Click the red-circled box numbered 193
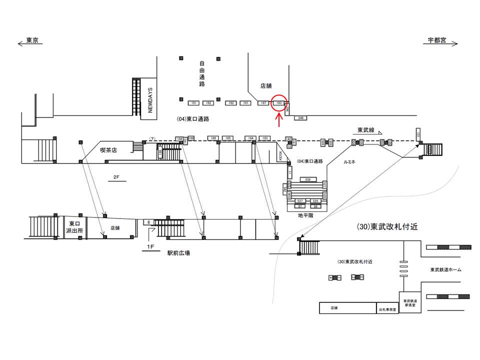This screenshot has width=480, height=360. coord(279,103)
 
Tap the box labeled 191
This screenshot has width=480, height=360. coord(193,103)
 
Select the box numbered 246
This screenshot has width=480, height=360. coord(300,118)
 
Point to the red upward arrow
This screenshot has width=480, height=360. coord(279,120)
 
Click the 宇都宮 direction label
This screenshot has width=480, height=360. coord(436,41)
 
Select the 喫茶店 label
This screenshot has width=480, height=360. coord(108,149)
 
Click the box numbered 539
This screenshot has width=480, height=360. coord(308,179)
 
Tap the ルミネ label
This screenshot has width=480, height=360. coord(349,162)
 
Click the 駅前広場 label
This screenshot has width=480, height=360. coord(178,253)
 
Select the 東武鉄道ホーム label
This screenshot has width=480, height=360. coord(445,270)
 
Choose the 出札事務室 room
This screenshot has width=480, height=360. coord(387,309)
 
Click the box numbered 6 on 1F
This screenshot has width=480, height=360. coord(148,221)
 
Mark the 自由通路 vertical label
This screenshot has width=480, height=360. coord(202,74)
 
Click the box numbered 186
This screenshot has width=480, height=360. coord(213,138)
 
